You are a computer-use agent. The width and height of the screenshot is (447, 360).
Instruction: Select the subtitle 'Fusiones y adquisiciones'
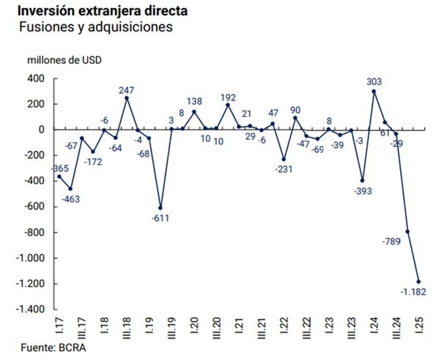95,27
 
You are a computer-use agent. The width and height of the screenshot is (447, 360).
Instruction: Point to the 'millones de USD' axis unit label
64,60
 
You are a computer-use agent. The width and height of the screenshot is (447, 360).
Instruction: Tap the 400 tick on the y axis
34,78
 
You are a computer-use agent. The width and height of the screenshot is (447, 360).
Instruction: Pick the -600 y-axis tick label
34,207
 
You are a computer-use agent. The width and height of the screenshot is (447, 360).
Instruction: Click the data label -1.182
413,292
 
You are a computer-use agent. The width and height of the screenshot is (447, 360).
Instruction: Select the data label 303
374,81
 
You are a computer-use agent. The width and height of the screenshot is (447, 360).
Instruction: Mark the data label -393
362,191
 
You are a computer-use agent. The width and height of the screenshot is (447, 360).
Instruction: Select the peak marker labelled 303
374,91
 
